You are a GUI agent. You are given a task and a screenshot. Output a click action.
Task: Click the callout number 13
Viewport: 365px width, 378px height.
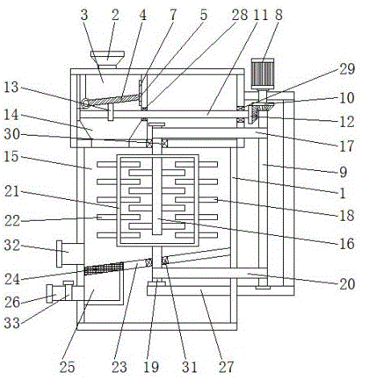(x=11, y=87)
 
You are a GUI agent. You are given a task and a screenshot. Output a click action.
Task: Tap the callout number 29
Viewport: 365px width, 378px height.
(x=347, y=69)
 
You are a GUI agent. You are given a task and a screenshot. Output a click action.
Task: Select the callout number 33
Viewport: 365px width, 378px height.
(x=12, y=323)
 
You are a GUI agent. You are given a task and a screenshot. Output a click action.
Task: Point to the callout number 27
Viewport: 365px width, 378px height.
(x=226, y=367)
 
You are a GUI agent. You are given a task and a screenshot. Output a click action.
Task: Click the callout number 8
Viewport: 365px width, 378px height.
(x=279, y=14)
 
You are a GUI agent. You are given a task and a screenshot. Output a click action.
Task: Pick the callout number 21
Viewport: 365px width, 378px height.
(x=12, y=192)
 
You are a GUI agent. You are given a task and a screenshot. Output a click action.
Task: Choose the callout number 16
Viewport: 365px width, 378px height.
(x=347, y=244)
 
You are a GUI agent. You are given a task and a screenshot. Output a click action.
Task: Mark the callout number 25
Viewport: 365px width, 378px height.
(x=67, y=367)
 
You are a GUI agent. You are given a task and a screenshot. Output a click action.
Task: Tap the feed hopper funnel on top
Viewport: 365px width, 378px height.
(x=107, y=59)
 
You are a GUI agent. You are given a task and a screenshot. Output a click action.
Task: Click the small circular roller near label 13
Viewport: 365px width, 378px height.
(x=86, y=104)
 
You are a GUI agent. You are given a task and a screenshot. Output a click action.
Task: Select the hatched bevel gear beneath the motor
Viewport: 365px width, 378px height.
(x=265, y=107)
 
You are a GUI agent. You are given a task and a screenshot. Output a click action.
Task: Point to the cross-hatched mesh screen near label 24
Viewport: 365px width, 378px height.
(x=104, y=268)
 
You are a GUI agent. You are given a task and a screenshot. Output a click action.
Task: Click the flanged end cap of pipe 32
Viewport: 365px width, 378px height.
(x=59, y=254)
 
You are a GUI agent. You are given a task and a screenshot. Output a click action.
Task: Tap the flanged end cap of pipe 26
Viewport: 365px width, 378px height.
(x=49, y=294)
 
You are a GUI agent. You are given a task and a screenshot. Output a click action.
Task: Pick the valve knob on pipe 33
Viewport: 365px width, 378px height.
(x=68, y=282)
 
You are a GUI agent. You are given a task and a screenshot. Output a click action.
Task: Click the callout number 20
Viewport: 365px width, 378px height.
(x=347, y=284)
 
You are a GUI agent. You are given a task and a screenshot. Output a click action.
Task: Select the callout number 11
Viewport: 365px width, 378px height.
(x=260, y=14)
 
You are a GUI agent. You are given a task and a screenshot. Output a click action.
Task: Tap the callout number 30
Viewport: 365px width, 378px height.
(x=12, y=134)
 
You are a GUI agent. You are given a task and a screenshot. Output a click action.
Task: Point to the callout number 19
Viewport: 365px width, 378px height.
(x=151, y=367)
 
